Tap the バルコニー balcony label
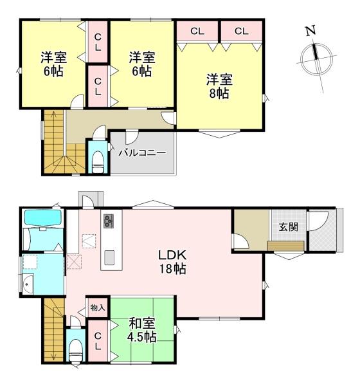142,153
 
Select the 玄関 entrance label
288,226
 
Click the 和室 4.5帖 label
141,330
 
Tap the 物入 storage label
97,307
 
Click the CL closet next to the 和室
97,340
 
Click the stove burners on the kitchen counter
107,221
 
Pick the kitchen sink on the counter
108,257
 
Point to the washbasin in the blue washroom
28,283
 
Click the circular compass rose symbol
315,58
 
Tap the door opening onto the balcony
131,136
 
